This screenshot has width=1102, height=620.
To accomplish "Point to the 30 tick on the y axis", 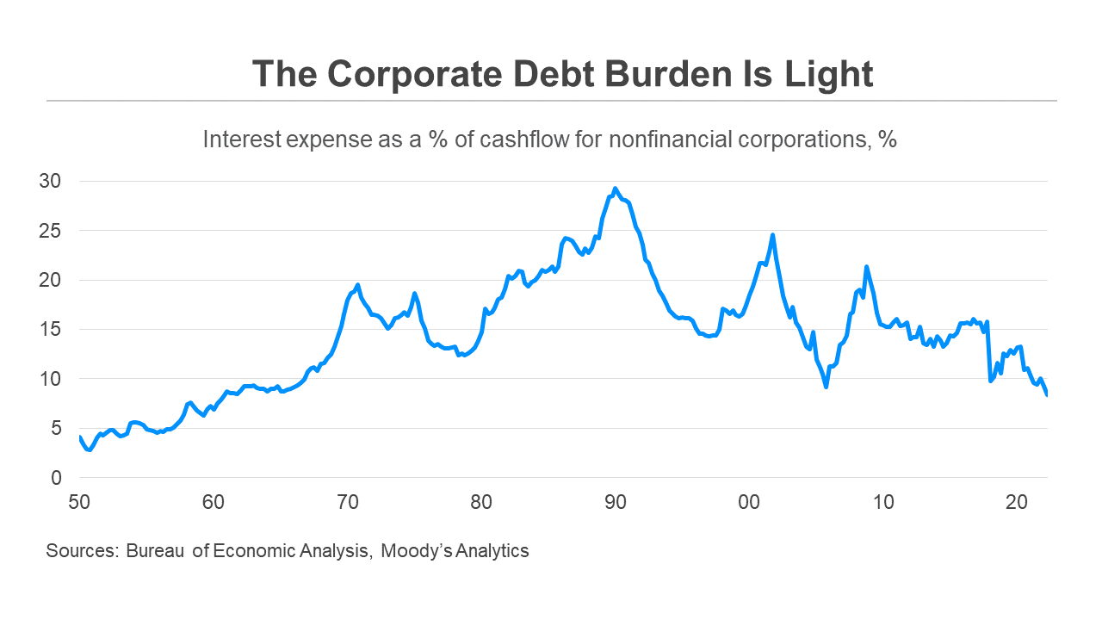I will coord(53,182).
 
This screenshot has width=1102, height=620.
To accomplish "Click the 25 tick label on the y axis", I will coord(53,231).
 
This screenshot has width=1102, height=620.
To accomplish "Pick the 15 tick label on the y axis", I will coord(53,330).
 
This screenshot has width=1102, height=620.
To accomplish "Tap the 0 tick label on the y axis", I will coord(57,478).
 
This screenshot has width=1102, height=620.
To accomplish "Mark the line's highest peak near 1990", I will coord(615,189).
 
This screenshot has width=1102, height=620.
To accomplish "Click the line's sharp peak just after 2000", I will coord(773,234).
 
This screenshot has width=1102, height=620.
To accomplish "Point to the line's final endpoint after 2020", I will coord(1047,394).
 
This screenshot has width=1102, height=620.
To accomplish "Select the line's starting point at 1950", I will coord(79,437).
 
